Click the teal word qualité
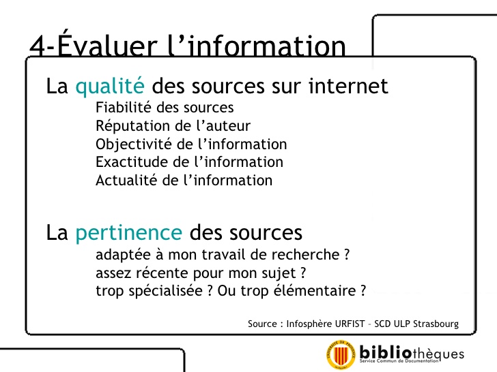[110, 86]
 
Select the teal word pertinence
[128, 233]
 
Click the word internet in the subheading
[348, 86]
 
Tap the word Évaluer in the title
[107, 44]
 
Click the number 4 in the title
[38, 46]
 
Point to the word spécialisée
[165, 291]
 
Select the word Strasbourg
[436, 324]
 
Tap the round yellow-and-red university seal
[341, 354]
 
